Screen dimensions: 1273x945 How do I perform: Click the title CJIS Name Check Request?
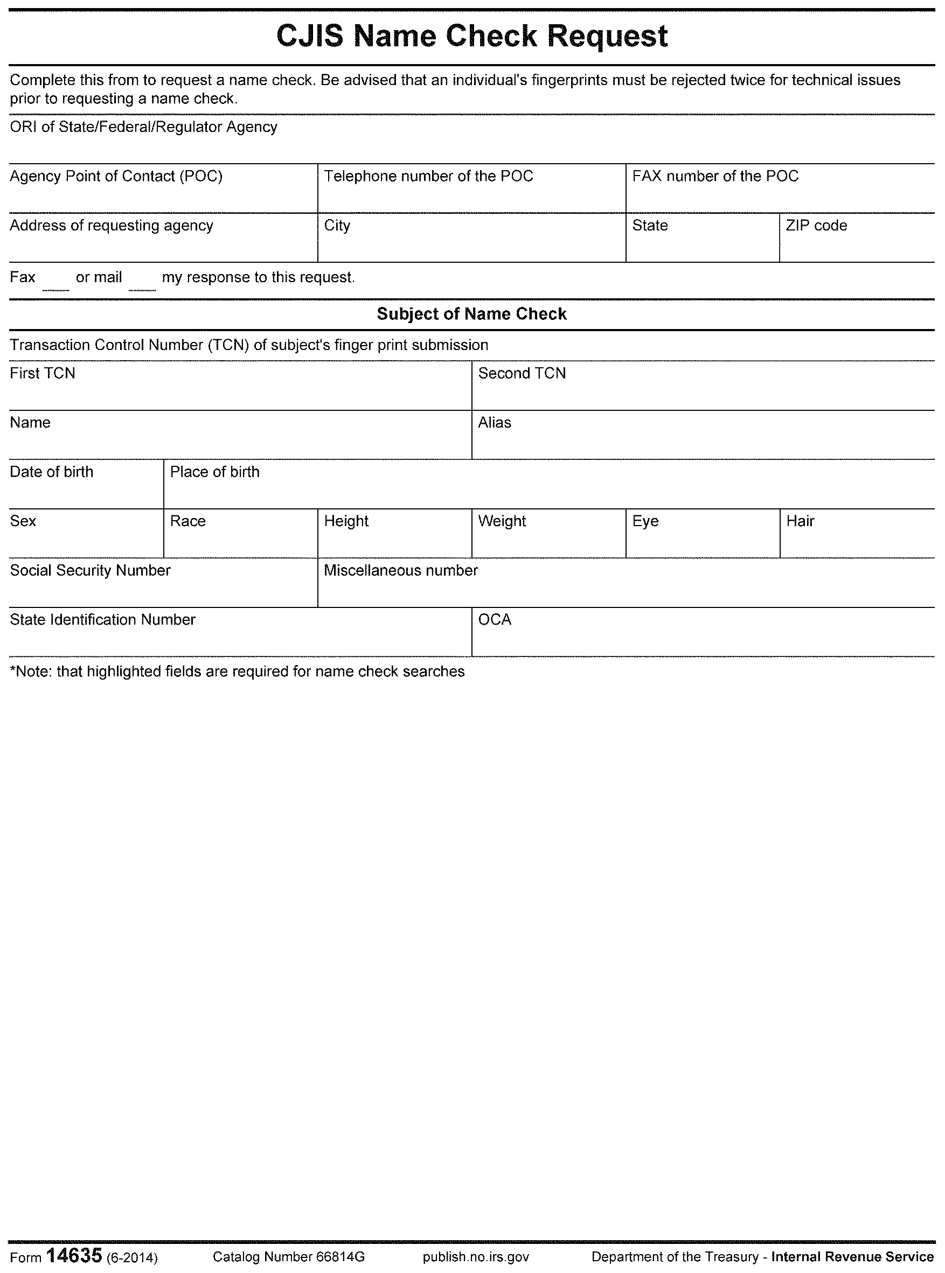point(472,37)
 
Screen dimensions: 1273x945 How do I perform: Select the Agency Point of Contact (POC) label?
point(116,176)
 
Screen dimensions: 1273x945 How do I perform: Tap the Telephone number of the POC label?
point(428,176)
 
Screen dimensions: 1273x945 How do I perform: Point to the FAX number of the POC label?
point(715,176)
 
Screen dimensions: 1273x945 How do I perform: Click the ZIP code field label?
point(816,225)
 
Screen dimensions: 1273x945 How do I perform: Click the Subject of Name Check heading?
point(472,314)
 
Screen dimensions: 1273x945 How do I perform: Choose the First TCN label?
point(43,373)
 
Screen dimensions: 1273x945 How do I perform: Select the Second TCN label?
point(522,373)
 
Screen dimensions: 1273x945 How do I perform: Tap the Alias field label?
point(495,422)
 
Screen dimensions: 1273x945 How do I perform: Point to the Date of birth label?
point(52,472)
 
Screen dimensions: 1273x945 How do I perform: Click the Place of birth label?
point(215,472)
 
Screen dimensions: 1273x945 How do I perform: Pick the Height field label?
point(346,521)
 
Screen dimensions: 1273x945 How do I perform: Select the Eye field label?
point(645,521)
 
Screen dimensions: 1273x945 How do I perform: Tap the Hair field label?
point(800,521)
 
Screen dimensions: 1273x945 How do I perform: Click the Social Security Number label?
point(91,570)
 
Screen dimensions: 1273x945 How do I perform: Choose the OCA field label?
point(495,620)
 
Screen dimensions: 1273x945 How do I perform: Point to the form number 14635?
point(74,1256)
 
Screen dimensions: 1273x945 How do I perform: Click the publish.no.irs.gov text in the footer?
point(476,1257)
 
